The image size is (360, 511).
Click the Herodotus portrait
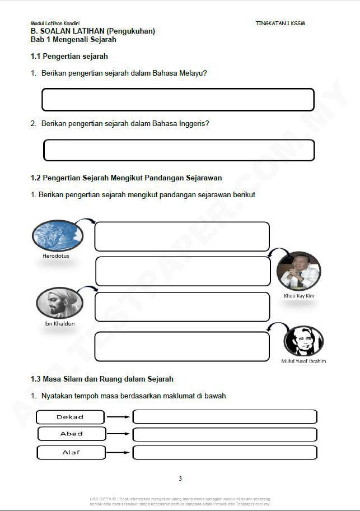click(x=58, y=235)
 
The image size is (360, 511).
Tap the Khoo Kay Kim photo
click(x=298, y=271)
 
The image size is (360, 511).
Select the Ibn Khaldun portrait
click(x=59, y=303)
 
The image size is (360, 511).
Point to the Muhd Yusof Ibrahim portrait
click(x=303, y=341)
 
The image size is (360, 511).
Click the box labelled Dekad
click(x=71, y=417)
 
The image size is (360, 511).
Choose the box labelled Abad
click(x=72, y=434)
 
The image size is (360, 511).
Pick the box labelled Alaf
click(x=71, y=452)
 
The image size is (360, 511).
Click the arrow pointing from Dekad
click(x=118, y=417)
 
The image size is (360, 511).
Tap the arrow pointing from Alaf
click(x=118, y=452)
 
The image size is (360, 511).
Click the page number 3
click(x=180, y=479)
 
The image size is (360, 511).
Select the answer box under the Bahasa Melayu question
click(x=178, y=99)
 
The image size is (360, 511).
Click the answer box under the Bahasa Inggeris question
click(x=179, y=150)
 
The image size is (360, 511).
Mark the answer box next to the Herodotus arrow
click(x=182, y=236)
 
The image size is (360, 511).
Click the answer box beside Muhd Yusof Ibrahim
click(x=182, y=346)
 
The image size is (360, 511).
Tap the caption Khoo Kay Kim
click(x=299, y=296)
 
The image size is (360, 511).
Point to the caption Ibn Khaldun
click(x=59, y=324)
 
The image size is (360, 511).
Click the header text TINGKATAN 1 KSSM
click(x=280, y=23)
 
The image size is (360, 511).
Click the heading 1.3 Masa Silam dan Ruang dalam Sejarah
click(x=102, y=379)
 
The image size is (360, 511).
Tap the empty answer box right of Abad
click(x=225, y=435)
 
